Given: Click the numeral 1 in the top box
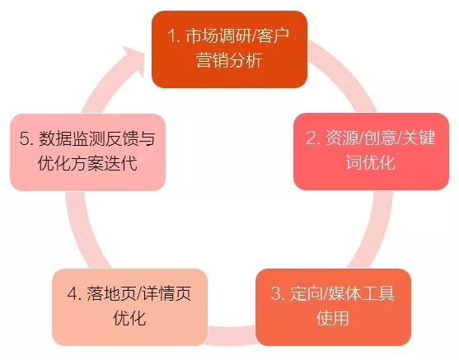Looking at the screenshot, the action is coord(171,36).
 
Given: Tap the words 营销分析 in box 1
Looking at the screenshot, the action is coord(229,61).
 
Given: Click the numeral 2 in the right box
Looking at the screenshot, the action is coord(311,138).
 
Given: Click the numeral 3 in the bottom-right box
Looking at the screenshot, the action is coord(276,293).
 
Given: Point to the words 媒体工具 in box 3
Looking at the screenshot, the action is coord(361,293).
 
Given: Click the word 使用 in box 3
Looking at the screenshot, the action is coord(333,318).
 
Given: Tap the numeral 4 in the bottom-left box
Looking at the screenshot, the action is coord(73,293).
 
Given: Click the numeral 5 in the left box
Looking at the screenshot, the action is coord(25,138).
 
